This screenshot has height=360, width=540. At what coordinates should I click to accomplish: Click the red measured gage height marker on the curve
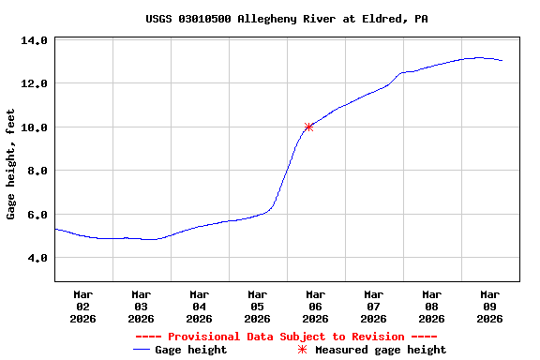(x=308, y=127)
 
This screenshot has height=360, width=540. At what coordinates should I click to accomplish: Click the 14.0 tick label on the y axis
(x=34, y=40)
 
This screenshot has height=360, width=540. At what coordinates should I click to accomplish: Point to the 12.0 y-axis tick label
(x=34, y=83)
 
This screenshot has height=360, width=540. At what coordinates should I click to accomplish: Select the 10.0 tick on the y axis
(x=34, y=127)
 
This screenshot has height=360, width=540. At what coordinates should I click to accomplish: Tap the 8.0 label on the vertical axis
(x=37, y=171)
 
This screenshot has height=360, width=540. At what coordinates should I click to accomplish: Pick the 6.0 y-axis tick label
(x=37, y=214)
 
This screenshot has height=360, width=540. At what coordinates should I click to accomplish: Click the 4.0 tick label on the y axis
(x=37, y=258)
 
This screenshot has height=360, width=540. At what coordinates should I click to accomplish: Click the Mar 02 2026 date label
(x=82, y=307)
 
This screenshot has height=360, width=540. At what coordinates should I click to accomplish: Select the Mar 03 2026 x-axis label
(x=141, y=307)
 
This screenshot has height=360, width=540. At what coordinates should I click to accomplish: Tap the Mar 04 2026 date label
(x=199, y=307)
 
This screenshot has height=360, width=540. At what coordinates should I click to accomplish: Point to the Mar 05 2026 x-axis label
(x=257, y=307)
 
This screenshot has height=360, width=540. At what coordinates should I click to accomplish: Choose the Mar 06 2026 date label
(x=315, y=307)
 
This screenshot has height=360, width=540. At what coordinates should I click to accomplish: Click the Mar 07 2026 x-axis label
(x=373, y=307)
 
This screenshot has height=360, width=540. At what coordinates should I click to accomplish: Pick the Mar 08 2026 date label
(x=431, y=307)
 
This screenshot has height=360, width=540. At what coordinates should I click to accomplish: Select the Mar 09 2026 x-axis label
(x=489, y=307)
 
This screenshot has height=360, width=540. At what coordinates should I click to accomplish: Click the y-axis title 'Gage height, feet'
(x=11, y=164)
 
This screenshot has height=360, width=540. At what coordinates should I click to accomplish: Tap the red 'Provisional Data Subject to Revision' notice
(x=286, y=337)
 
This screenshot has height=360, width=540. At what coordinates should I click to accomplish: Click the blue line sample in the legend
(x=142, y=350)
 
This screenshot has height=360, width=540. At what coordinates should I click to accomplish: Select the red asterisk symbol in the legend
(x=302, y=350)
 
